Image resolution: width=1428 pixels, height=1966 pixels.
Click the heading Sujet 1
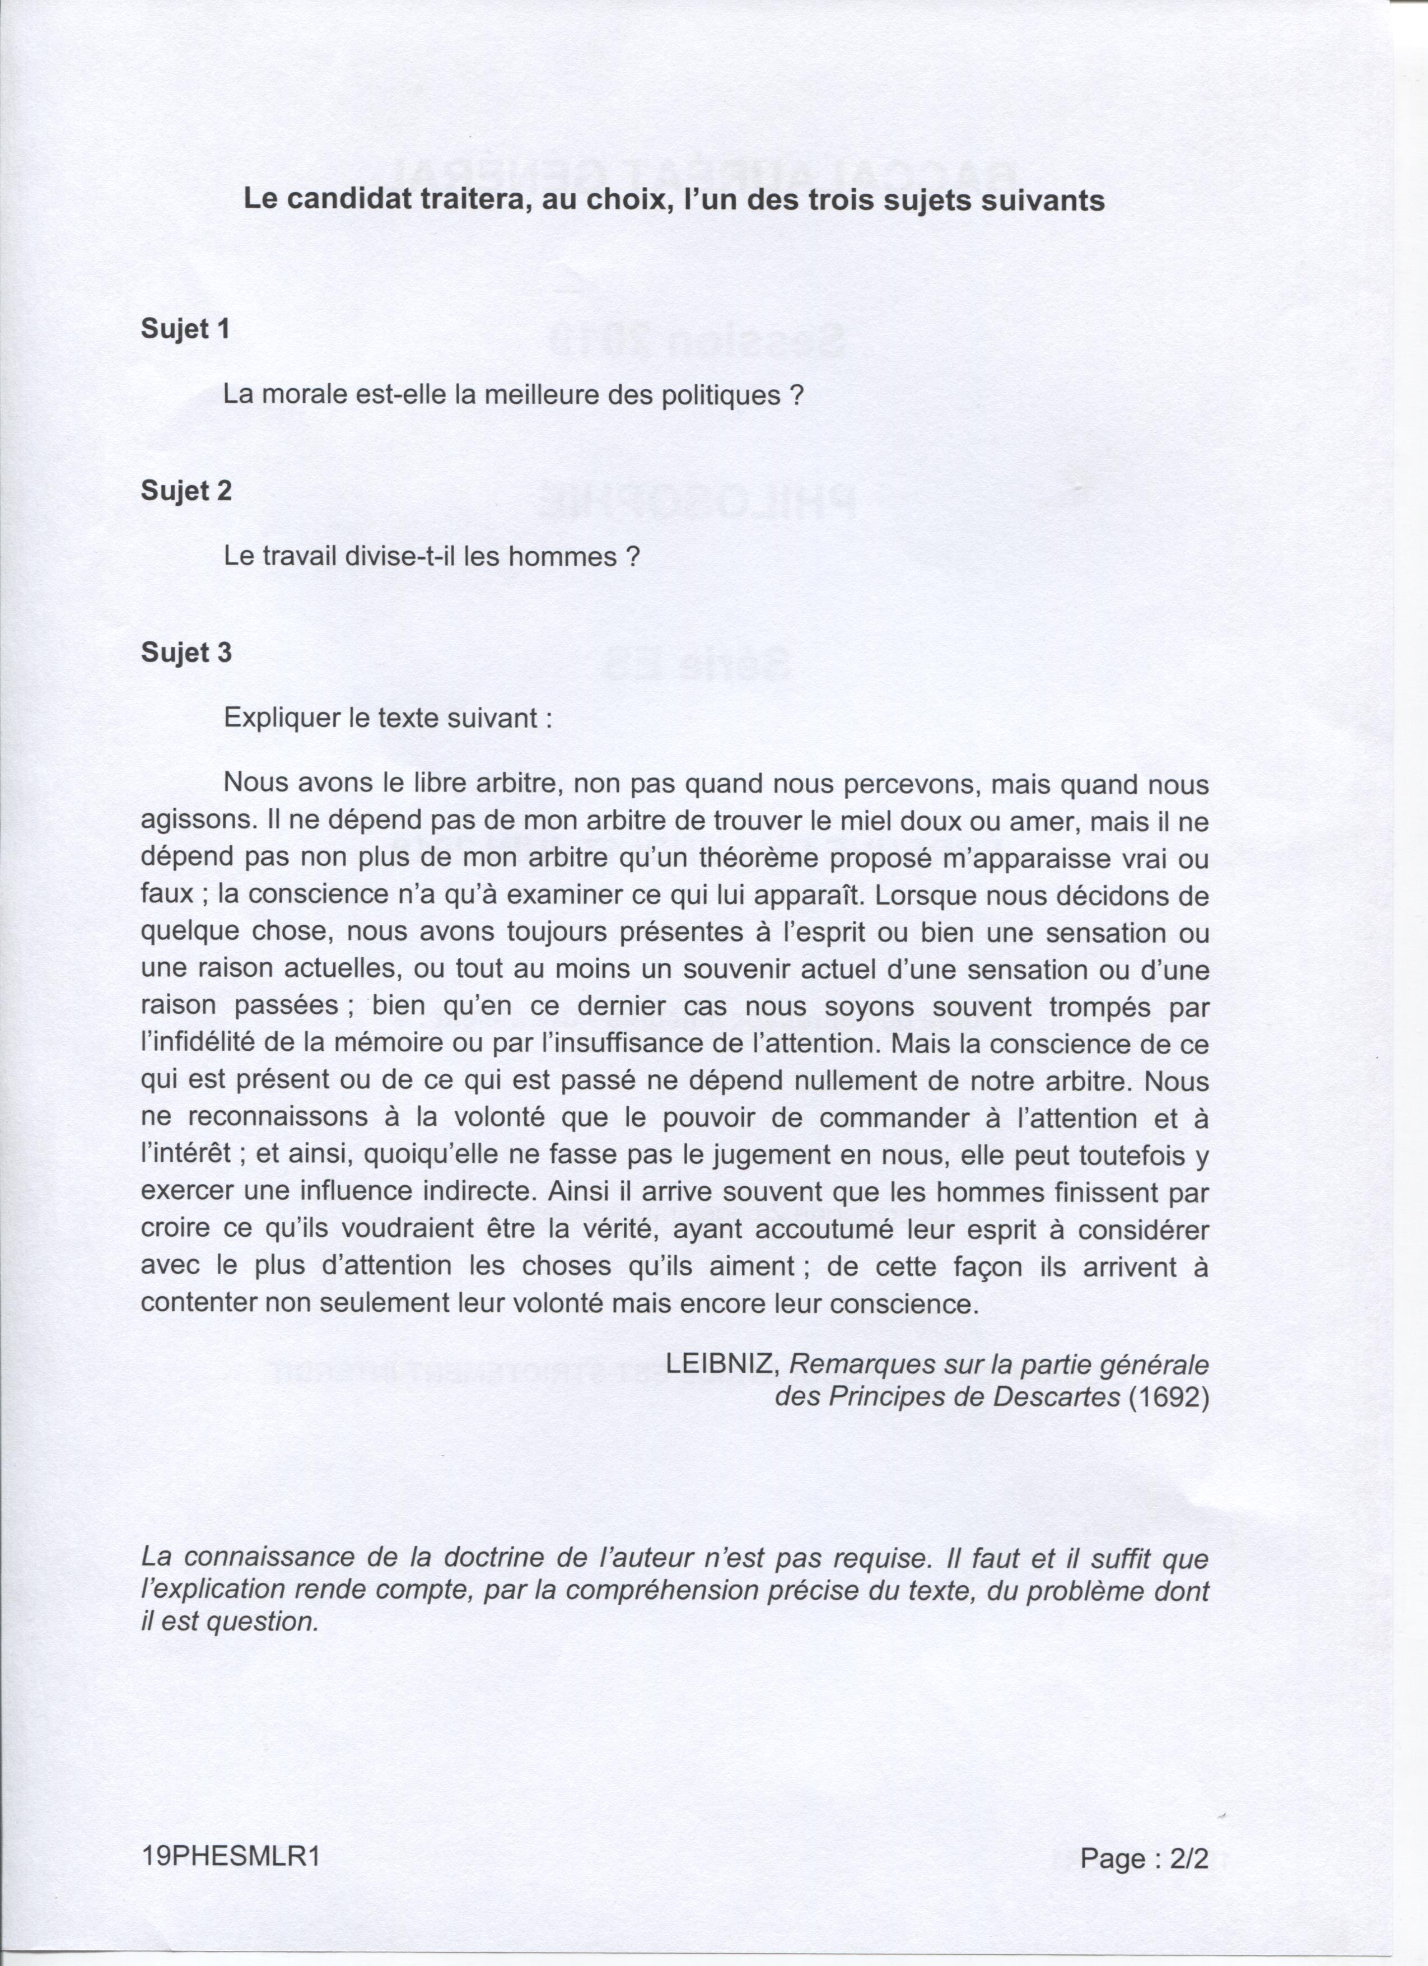click(185, 329)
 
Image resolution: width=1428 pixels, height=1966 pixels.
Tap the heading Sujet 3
click(186, 653)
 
